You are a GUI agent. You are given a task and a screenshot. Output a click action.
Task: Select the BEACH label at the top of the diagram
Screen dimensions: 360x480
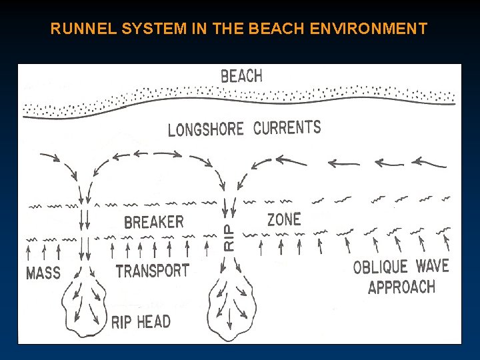coord(241,76)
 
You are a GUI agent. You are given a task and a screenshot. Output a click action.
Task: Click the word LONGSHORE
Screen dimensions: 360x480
coord(205,129)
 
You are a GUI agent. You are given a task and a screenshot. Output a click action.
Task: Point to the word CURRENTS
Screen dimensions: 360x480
coord(287,127)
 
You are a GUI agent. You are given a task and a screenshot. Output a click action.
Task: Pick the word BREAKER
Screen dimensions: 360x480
coord(153,222)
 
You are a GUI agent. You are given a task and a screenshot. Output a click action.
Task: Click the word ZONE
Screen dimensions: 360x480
coord(284,219)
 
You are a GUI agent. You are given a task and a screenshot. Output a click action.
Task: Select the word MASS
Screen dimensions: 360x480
coord(43,273)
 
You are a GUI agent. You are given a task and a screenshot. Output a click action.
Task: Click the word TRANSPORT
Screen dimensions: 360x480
coord(153,271)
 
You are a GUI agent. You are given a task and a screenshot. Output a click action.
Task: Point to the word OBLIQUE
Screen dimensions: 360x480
coord(380,267)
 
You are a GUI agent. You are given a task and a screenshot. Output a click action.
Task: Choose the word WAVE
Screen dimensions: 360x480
coord(432,266)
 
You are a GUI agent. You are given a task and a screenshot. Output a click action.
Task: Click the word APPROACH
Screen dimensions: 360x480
coord(401,288)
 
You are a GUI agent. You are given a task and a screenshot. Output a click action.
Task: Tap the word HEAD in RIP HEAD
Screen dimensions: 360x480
coord(154,323)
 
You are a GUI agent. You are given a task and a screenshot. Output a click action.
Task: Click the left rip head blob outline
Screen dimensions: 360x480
coord(84,303)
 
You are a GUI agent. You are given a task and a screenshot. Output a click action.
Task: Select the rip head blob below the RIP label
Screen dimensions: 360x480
coord(229,303)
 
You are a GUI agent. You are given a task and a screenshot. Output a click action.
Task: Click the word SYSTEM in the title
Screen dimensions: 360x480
coord(137,29)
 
